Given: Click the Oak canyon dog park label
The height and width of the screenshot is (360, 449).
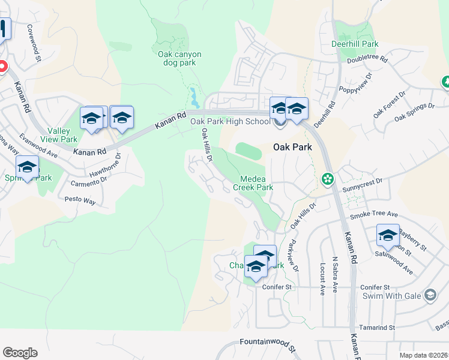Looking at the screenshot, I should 179,58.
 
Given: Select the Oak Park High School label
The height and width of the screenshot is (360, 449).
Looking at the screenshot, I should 231,122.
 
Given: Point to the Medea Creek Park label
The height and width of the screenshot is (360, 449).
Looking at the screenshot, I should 257,183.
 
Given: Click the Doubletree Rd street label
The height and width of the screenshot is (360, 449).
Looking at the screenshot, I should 368,59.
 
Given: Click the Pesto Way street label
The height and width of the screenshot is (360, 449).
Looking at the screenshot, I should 80,200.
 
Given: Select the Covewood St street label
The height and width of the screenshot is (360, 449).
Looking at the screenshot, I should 33,43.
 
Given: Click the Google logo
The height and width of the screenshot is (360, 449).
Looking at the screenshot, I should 20,353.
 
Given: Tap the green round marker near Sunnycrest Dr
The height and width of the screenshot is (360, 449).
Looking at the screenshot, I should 327,178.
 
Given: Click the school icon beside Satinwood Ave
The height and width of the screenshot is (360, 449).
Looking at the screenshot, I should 388,236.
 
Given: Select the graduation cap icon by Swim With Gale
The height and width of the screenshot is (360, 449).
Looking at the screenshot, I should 430,295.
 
